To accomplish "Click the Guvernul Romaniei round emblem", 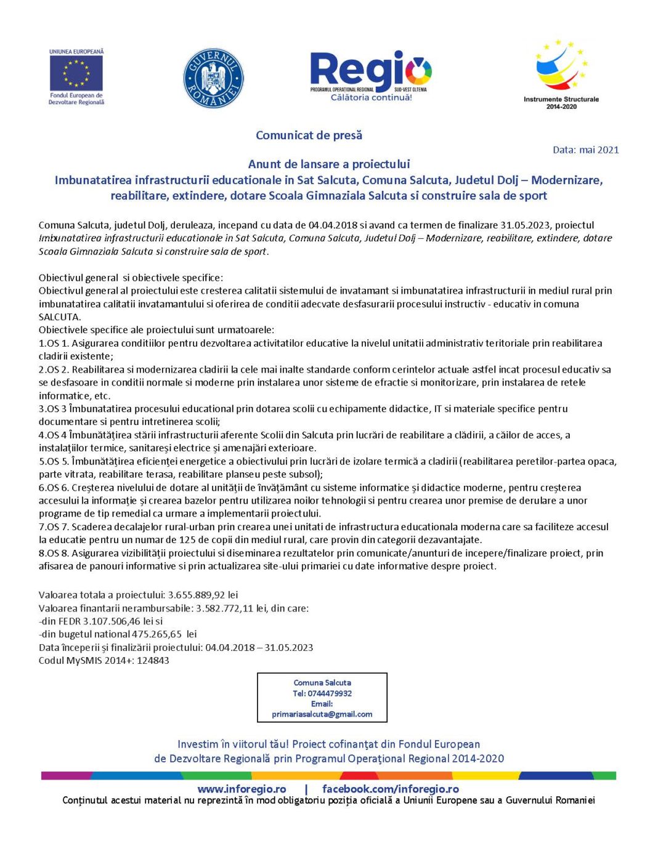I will [213, 78].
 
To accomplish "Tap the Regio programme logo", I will [371, 75].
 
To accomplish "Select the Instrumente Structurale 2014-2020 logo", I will [561, 72].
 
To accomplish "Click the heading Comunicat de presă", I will [309, 135].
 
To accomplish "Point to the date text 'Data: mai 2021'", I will [585, 150].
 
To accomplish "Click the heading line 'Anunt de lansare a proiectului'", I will [328, 164].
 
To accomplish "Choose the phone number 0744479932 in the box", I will [330, 693].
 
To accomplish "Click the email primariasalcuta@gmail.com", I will [322, 714].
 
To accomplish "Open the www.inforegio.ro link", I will [242, 789].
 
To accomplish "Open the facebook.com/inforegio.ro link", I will [391, 789].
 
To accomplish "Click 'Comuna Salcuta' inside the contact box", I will [322, 683].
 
